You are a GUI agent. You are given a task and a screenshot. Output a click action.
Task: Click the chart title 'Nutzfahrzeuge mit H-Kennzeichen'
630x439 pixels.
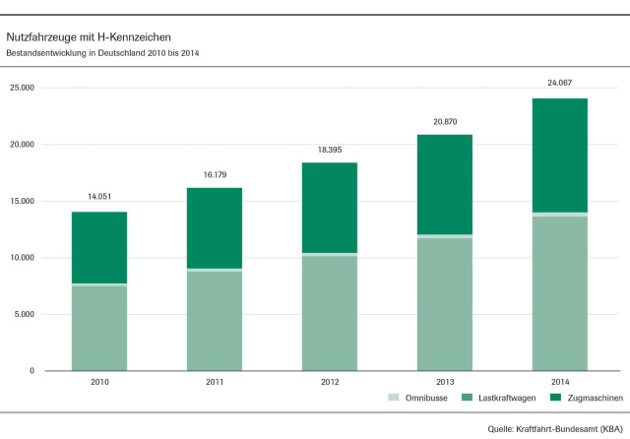(89, 35)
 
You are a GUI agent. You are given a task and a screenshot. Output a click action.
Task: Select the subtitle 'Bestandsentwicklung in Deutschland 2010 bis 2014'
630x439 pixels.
(108, 51)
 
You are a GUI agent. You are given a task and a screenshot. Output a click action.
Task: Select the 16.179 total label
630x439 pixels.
(214, 174)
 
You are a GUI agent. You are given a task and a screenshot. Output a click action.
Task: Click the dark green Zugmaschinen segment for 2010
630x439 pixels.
(98, 247)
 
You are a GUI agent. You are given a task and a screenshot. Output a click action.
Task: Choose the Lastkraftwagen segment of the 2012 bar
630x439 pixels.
(329, 313)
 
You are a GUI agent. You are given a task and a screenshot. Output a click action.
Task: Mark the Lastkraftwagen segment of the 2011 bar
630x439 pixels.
(214, 320)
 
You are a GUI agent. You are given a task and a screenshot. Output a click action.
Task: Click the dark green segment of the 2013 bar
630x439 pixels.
(444, 184)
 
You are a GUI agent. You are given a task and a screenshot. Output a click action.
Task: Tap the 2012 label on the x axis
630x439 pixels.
(329, 382)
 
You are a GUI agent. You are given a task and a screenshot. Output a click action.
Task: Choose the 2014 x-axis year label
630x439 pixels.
(559, 382)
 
